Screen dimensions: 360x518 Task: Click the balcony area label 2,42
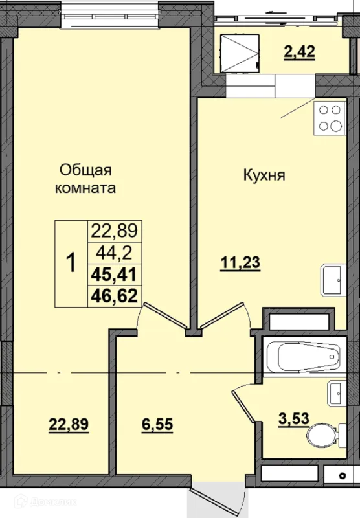tap(300, 52)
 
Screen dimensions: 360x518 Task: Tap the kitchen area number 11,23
tap(240, 263)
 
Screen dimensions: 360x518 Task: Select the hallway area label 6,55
tap(157, 424)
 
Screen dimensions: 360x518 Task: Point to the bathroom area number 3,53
tap(293, 418)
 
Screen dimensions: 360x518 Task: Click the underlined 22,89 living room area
tap(69, 424)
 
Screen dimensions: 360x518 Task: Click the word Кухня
tap(264, 175)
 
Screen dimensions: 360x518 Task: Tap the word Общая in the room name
tap(85, 170)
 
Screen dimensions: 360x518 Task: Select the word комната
tap(85, 188)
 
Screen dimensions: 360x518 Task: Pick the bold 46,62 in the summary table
tap(114, 296)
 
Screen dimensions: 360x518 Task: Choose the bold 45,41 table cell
tap(114, 275)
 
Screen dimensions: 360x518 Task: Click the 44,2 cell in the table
tap(114, 253)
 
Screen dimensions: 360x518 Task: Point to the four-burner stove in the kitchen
tap(330, 118)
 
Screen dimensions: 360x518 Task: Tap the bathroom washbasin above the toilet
tap(337, 393)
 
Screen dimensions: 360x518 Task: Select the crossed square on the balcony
tap(240, 53)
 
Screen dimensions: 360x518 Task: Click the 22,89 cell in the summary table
tap(114, 231)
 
